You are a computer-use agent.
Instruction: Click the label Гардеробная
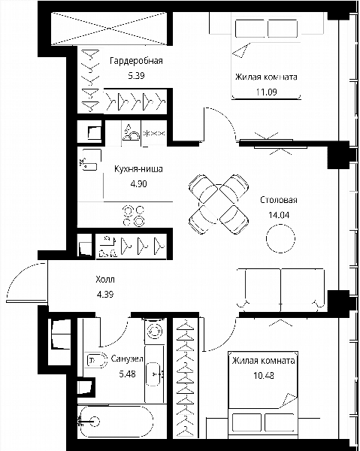tap(136, 61)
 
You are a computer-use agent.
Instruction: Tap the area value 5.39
tap(136, 76)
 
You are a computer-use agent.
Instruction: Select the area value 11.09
tap(267, 92)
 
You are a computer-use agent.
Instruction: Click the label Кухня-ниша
tap(138, 169)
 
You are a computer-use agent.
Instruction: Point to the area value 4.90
tap(138, 183)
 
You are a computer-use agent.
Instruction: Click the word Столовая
tap(279, 200)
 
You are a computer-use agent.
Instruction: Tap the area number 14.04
tap(279, 215)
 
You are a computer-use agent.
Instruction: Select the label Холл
tap(105, 280)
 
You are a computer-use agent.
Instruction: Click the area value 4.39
tap(105, 294)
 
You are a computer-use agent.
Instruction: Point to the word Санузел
tap(127, 359)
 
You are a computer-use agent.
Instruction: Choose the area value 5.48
tap(127, 374)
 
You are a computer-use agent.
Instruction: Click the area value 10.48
tap(263, 375)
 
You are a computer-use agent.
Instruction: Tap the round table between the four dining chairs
tap(219, 204)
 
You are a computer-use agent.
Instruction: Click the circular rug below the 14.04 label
tap(280, 239)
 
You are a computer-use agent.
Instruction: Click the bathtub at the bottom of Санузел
tap(116, 422)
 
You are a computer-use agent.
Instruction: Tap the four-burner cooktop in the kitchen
tap(134, 216)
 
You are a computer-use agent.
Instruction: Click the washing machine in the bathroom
tap(156, 331)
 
